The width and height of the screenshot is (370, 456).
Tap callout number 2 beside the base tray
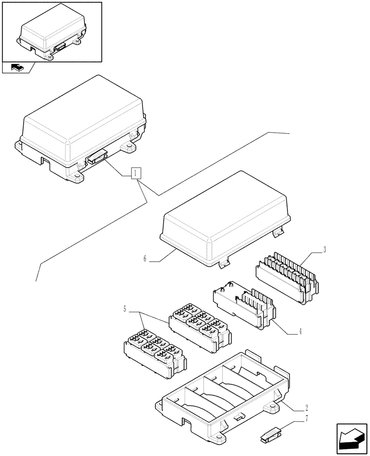pos(307,407)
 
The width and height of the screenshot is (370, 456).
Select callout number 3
pos(324,249)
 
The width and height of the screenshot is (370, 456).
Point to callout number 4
pos(300,332)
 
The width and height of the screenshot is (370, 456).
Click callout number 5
pos(124,310)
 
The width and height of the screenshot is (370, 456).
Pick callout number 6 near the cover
pos(145,259)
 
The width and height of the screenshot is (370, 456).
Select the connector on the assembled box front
pos(97,158)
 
